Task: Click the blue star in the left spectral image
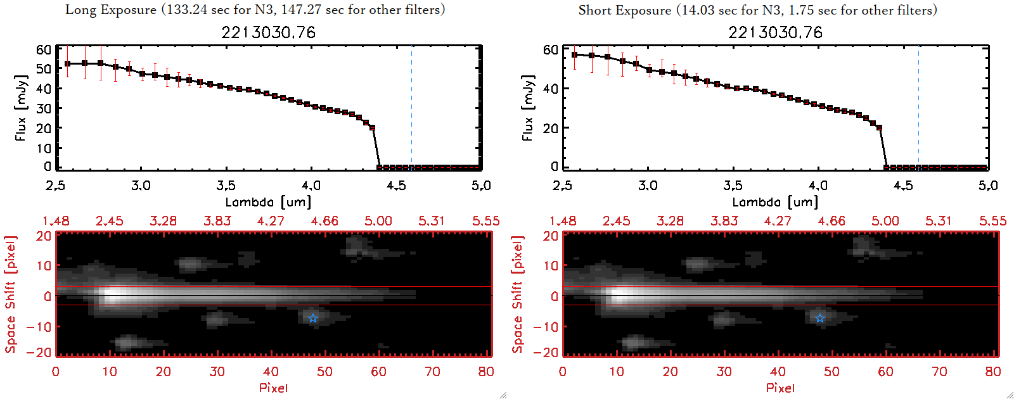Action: tap(313, 318)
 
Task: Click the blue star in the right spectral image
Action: tap(820, 318)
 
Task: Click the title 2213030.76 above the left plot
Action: tap(268, 32)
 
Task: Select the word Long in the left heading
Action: tap(79, 10)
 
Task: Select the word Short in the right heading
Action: tap(594, 10)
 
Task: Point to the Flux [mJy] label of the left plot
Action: tap(21, 108)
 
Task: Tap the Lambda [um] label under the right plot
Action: tap(775, 202)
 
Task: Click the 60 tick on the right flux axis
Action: tap(551, 49)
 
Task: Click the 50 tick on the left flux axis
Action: tap(44, 68)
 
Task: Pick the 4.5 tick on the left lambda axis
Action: tap(396, 186)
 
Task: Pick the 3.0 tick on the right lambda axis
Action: tap(648, 186)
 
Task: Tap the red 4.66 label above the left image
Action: tap(324, 221)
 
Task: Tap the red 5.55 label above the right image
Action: tap(992, 221)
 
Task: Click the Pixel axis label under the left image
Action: tap(273, 388)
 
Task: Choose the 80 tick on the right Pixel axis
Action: tap(993, 372)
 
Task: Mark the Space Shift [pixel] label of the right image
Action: tap(518, 294)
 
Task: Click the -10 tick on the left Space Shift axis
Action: tap(39, 326)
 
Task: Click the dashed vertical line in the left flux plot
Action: tap(411, 108)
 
